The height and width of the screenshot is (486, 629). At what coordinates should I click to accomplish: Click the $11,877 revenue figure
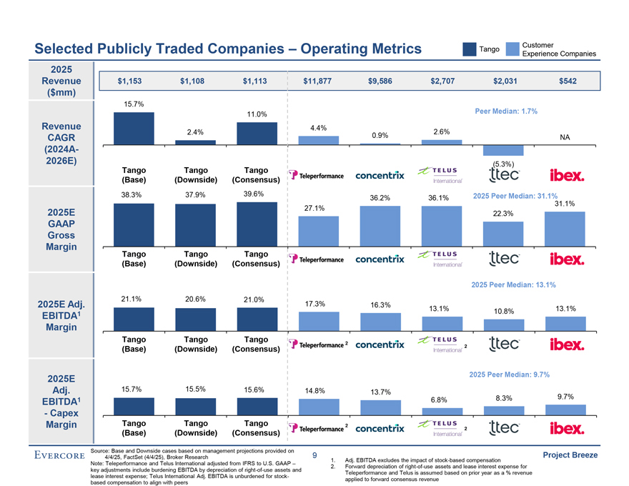click(x=317, y=81)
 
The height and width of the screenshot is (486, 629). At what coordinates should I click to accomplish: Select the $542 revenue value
click(x=568, y=81)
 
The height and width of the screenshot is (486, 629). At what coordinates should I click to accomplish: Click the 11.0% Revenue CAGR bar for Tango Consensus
click(x=257, y=134)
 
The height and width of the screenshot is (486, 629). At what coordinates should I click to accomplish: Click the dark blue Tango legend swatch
click(x=470, y=49)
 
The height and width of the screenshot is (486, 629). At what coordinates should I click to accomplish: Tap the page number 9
click(x=314, y=455)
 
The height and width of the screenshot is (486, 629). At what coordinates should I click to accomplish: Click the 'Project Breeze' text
click(x=570, y=455)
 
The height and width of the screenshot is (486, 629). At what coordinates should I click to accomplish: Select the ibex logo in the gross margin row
click(x=567, y=259)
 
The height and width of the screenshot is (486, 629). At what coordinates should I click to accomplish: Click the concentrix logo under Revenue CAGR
click(x=380, y=175)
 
